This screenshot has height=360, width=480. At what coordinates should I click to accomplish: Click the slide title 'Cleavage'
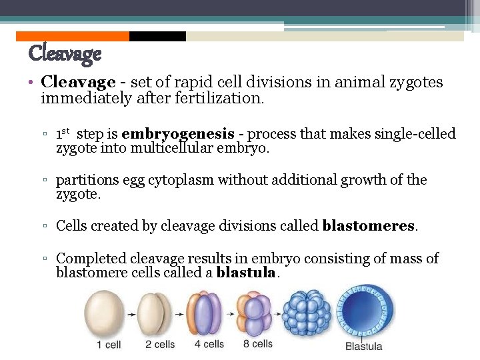[65, 53]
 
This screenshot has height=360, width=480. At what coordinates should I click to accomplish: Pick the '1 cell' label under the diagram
[108, 345]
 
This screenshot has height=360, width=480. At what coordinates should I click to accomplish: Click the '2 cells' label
[160, 345]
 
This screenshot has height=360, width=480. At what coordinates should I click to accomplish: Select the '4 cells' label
[209, 345]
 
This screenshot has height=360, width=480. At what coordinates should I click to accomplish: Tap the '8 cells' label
[258, 344]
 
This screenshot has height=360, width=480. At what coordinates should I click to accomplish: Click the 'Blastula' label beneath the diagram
[364, 346]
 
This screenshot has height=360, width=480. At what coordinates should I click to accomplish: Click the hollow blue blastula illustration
[363, 312]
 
